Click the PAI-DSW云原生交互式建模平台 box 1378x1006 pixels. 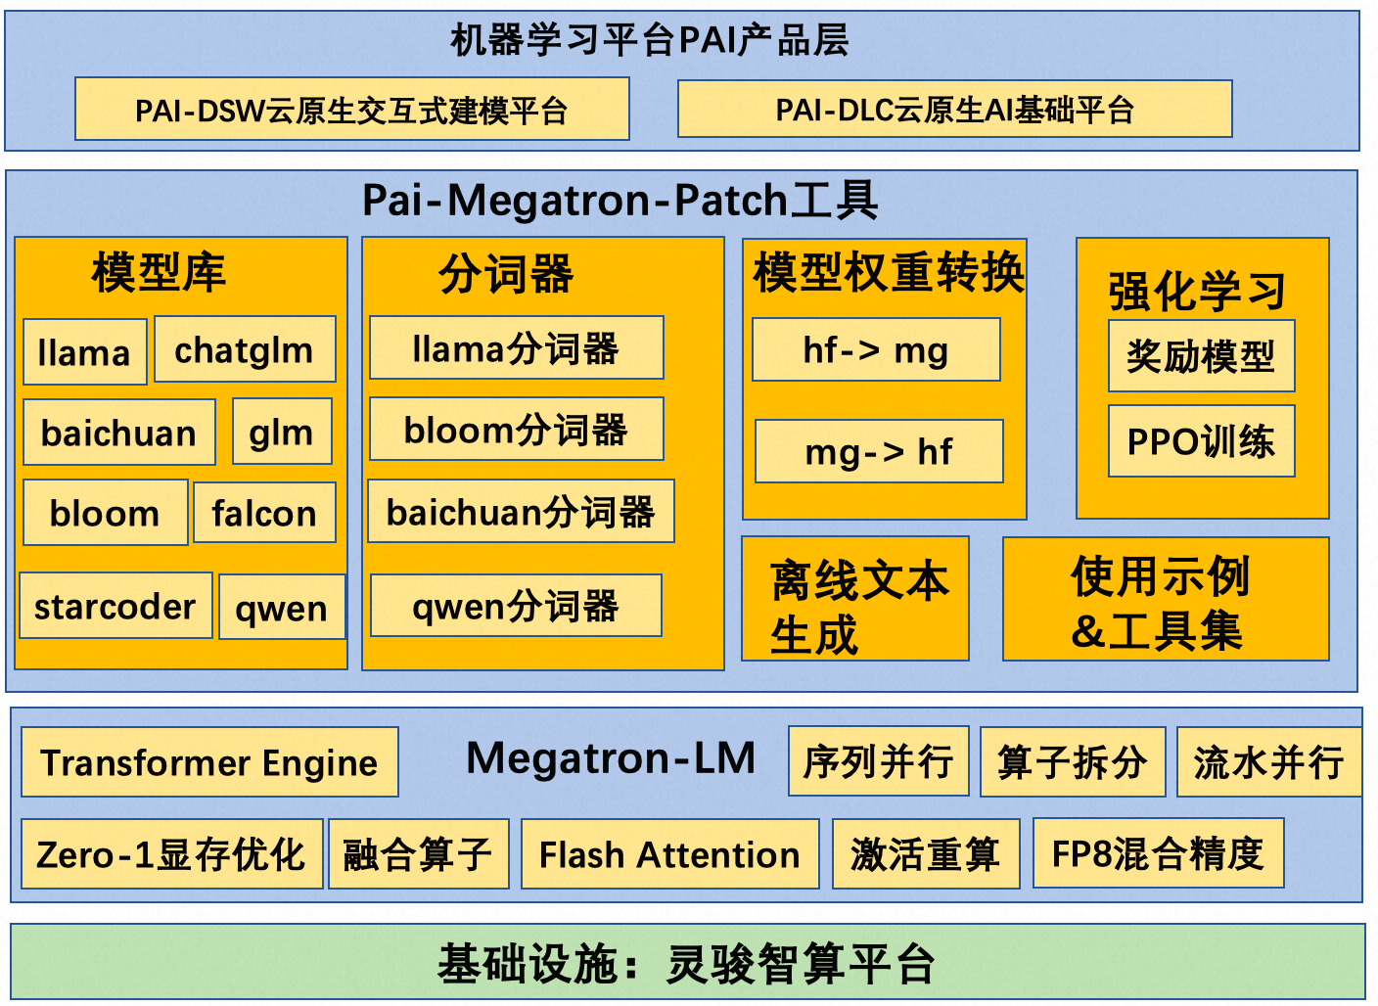point(351,110)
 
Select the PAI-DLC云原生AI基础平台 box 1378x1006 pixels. point(954,110)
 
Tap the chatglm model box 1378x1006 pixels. point(245,349)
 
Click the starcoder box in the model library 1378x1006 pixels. point(115,606)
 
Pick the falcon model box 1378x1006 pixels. point(264,513)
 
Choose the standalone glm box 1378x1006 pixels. point(282,432)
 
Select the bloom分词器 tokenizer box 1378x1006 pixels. point(516,429)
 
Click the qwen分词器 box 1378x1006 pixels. point(516,606)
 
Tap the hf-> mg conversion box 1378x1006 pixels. point(876,349)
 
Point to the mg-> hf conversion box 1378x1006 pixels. point(879,451)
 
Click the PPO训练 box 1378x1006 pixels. point(1201,441)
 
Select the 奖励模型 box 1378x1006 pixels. point(1201,356)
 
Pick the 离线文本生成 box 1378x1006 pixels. point(855,599)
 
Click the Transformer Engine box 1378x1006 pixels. point(209,762)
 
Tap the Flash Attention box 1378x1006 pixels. point(669,854)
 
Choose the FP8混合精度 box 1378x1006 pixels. point(1158,853)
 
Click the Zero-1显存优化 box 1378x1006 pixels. point(171,854)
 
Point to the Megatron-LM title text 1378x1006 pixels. point(611,758)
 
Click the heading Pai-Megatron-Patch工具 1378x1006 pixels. point(620,201)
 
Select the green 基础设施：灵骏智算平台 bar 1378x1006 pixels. point(687,963)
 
